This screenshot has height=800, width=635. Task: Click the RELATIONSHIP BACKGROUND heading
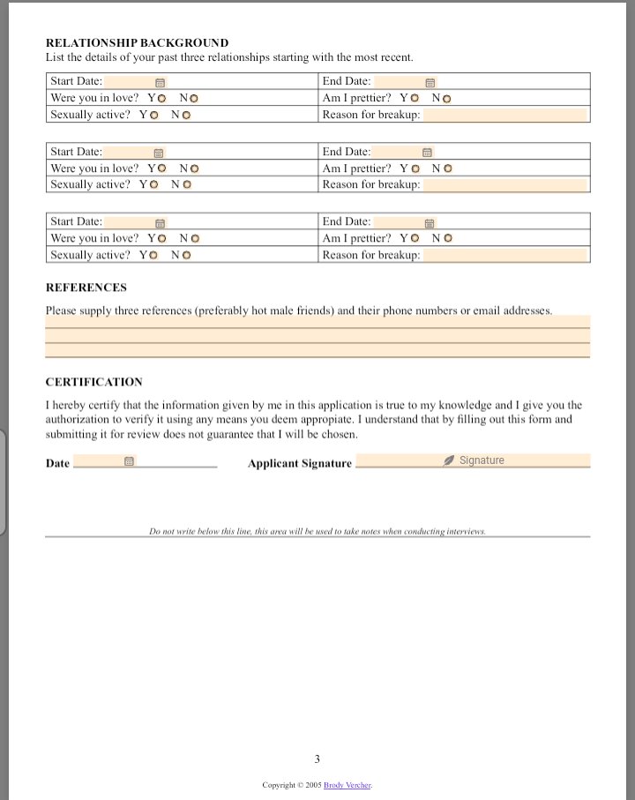[137, 42]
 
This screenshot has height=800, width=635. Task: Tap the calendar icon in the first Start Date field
[160, 82]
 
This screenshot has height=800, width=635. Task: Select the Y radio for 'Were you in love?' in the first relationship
[161, 98]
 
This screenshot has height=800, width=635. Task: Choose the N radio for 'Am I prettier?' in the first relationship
[446, 98]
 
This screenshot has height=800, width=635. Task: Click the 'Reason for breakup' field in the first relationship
[504, 115]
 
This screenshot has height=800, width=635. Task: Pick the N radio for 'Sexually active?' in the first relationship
[186, 115]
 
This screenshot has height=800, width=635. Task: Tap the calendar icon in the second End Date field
[427, 153]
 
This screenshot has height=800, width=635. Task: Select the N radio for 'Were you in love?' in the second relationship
[194, 168]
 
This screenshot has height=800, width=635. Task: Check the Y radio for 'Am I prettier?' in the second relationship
[414, 168]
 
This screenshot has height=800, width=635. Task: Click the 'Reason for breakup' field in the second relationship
[504, 185]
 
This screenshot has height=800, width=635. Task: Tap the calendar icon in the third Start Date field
[161, 222]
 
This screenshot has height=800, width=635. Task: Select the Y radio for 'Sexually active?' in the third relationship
[153, 255]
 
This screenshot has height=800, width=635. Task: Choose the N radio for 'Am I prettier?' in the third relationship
[448, 238]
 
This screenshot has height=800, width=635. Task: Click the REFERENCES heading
[86, 288]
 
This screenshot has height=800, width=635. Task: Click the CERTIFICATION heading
[93, 382]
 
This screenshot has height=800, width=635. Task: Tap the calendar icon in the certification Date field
[129, 460]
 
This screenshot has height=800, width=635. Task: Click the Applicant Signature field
[473, 460]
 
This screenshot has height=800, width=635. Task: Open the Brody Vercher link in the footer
[347, 785]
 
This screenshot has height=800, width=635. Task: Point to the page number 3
[317, 759]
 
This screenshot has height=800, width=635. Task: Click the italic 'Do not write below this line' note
[317, 532]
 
